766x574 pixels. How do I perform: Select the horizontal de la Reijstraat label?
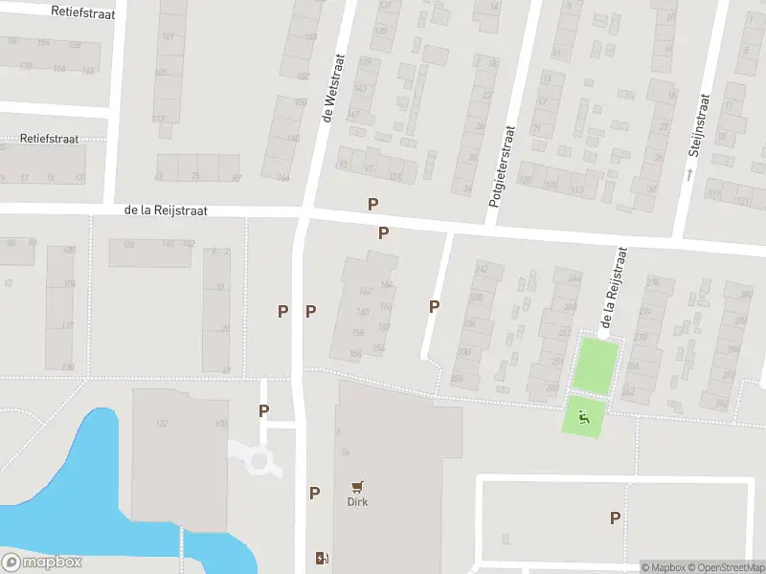[166, 210]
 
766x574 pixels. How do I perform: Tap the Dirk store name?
[357, 501]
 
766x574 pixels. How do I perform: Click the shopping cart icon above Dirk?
[357, 486]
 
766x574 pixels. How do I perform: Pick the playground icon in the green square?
[584, 415]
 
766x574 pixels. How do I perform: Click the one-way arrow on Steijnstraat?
[688, 173]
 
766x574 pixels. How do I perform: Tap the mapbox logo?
[42, 563]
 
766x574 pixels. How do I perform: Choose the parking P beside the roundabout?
[263, 410]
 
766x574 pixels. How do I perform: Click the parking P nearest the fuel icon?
[314, 493]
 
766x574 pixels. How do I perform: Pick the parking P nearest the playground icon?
[615, 518]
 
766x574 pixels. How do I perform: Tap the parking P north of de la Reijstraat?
[372, 204]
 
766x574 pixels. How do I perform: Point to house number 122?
[162, 423]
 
